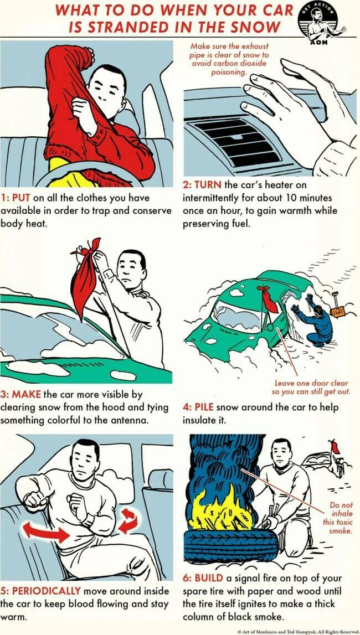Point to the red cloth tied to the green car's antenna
tap(269, 298)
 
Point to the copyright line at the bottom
tap(298, 631)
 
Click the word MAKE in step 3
tap(27, 394)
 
